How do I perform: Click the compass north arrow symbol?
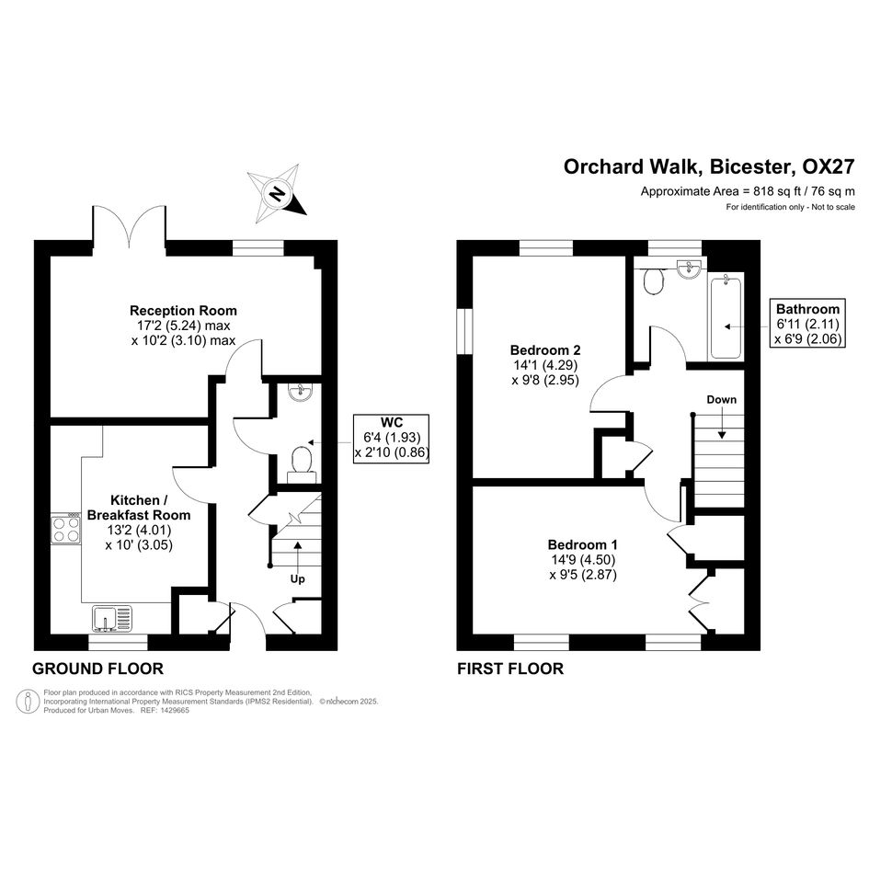click(x=277, y=193)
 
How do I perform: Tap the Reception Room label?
click(x=183, y=311)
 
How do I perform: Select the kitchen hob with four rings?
click(x=66, y=529)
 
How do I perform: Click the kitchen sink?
click(x=112, y=619)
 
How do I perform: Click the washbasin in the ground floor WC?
click(x=301, y=392)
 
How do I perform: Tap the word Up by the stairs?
click(x=298, y=579)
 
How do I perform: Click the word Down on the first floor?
click(x=722, y=400)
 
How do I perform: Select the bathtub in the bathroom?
click(x=726, y=316)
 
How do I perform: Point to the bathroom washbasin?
click(x=689, y=269)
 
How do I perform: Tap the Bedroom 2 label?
click(x=545, y=350)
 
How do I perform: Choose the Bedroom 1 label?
click(x=582, y=544)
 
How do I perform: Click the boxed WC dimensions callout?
click(x=392, y=438)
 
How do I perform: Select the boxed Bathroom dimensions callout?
click(x=808, y=324)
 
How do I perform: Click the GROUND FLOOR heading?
click(x=98, y=669)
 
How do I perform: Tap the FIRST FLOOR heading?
click(x=510, y=669)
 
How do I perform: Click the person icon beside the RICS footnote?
click(x=28, y=702)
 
